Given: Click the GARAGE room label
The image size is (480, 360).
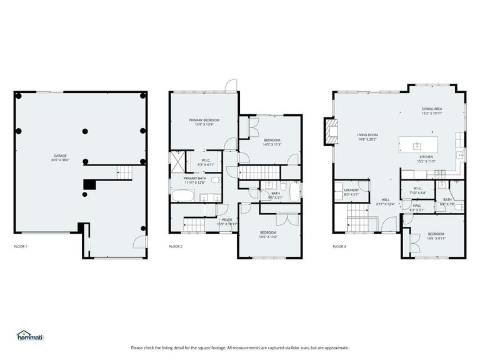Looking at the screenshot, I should pyautogui.click(x=61, y=157).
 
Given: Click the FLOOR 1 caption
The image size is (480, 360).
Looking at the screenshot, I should pyautogui.click(x=21, y=247).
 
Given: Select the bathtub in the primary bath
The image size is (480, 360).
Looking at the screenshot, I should pyautogui.click(x=182, y=196).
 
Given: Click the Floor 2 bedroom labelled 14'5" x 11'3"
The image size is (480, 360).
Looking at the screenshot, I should pyautogui.click(x=272, y=142).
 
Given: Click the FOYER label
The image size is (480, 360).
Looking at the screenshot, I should pyautogui.click(x=227, y=221).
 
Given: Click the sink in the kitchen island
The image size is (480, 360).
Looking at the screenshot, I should pyautogui.click(x=417, y=146).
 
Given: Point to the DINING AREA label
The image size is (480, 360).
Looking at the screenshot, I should pyautogui.click(x=432, y=111).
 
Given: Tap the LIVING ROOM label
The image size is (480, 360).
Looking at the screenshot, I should pyautogui.click(x=367, y=137).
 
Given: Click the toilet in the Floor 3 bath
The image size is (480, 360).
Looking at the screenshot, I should pyautogui.click(x=458, y=207).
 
